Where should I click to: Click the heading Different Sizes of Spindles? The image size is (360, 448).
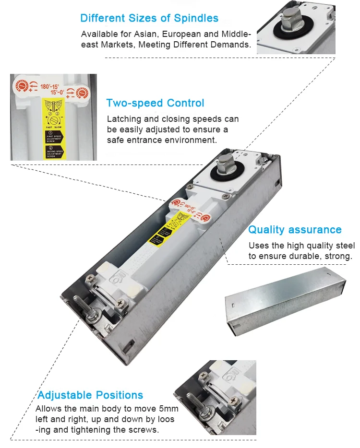point(149,19)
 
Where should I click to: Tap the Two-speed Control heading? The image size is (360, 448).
point(155,103)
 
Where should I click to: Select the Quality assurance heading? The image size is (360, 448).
point(295,230)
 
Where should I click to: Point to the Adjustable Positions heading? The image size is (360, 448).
point(90,395)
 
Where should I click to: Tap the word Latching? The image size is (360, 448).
point(123,119)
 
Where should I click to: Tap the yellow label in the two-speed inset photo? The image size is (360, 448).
point(54,127)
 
